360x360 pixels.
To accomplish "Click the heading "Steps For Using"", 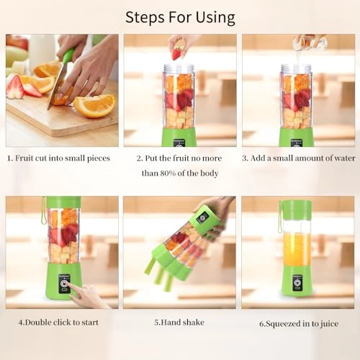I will (x=180, y=17).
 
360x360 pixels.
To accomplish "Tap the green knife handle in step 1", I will (x=68, y=57).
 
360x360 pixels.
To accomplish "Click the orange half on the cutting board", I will (x=95, y=105).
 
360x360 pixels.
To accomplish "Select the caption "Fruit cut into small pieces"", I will (x=63, y=158).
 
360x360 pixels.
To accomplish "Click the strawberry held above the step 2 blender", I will (x=176, y=53).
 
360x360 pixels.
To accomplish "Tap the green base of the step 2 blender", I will (x=178, y=136).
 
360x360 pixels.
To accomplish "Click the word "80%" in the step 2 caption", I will (x=166, y=173).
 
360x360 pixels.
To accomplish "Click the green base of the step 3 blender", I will (x=296, y=136).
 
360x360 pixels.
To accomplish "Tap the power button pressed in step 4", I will (x=63, y=286).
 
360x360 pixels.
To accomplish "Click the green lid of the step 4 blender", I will (x=63, y=202).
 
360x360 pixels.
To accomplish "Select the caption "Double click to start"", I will (x=58, y=322).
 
